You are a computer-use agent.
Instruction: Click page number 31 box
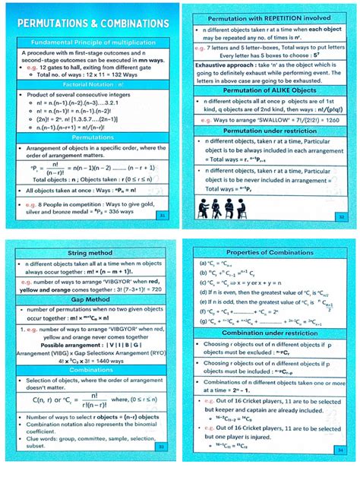[x=159, y=216]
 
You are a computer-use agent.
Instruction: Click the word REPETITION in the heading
[x=279, y=16]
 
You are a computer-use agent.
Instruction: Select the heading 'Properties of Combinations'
[x=269, y=251]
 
